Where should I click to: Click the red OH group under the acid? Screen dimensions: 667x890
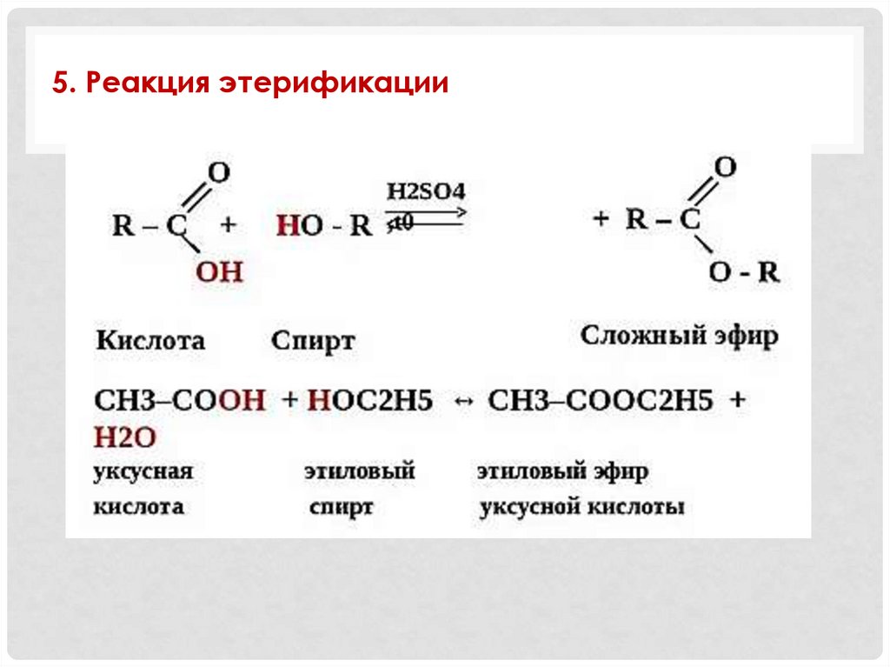pos(218,272)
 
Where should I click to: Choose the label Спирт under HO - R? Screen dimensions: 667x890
pos(313,341)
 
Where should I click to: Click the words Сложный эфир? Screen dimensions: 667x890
pos(680,336)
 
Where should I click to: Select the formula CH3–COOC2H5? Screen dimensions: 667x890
pos(600,401)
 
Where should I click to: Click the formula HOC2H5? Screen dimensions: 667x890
pos(370,401)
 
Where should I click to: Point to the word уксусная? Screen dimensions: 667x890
pos(143,472)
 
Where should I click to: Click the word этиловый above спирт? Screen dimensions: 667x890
pos(360,472)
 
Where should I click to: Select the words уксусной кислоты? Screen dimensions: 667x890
pos(581,507)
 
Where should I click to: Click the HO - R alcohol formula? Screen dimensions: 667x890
pos(324,226)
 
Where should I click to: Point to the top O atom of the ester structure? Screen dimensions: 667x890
pos(726,166)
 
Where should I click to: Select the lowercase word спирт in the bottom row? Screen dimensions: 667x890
pos(341,507)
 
